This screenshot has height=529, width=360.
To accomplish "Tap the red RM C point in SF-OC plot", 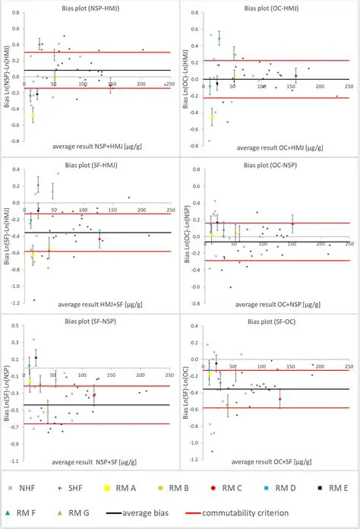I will [x=279, y=399].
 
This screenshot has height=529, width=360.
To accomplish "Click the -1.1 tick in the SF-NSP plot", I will [x=14, y=461].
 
